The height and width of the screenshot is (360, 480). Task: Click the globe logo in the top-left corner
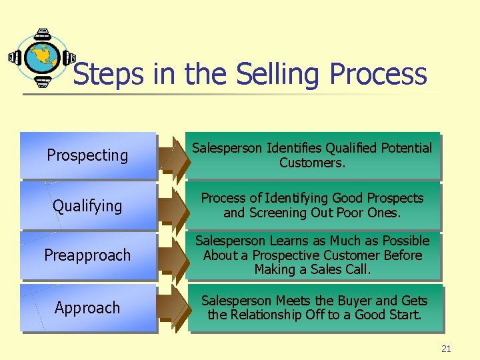42,58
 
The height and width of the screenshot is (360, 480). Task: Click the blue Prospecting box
88,155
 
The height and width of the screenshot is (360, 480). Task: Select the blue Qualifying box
88,206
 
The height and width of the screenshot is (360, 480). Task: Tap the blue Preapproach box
88,255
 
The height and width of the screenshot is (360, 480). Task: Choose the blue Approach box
88,308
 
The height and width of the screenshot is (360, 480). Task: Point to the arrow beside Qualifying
175,208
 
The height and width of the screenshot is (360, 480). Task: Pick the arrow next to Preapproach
175,257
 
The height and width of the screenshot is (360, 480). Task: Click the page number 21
446,349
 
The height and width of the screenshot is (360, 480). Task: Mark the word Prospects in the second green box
394,198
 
